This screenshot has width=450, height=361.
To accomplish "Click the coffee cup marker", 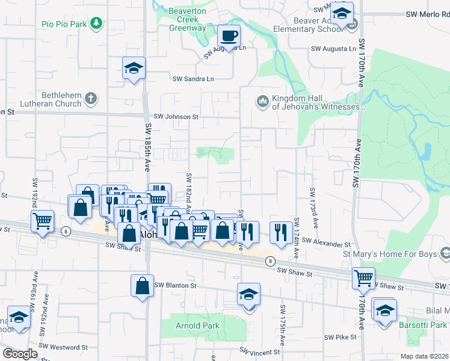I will click(x=229, y=35).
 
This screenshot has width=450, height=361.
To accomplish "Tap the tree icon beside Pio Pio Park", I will click(x=96, y=23).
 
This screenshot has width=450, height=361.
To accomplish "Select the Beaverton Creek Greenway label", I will click(x=187, y=20).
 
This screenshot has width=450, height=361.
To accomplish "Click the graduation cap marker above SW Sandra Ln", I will click(x=134, y=68).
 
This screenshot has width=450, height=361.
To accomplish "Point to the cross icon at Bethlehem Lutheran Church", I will click(x=91, y=98).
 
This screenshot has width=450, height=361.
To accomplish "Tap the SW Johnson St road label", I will click(x=176, y=117).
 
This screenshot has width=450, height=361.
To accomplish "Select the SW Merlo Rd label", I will click(x=427, y=14).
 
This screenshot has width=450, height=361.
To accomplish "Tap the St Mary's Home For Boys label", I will click(x=393, y=255).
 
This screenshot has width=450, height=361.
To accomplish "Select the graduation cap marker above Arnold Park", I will click(x=248, y=294).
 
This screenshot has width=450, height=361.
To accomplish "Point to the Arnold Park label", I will click(x=197, y=326).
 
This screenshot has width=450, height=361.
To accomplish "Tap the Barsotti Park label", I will click(x=423, y=325).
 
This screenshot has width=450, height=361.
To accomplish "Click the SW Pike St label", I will click(x=341, y=338).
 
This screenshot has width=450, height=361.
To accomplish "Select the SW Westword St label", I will click(x=63, y=347).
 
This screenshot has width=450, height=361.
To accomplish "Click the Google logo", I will click(x=20, y=354).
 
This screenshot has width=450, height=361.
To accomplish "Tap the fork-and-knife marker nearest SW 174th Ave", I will click(x=280, y=232).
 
